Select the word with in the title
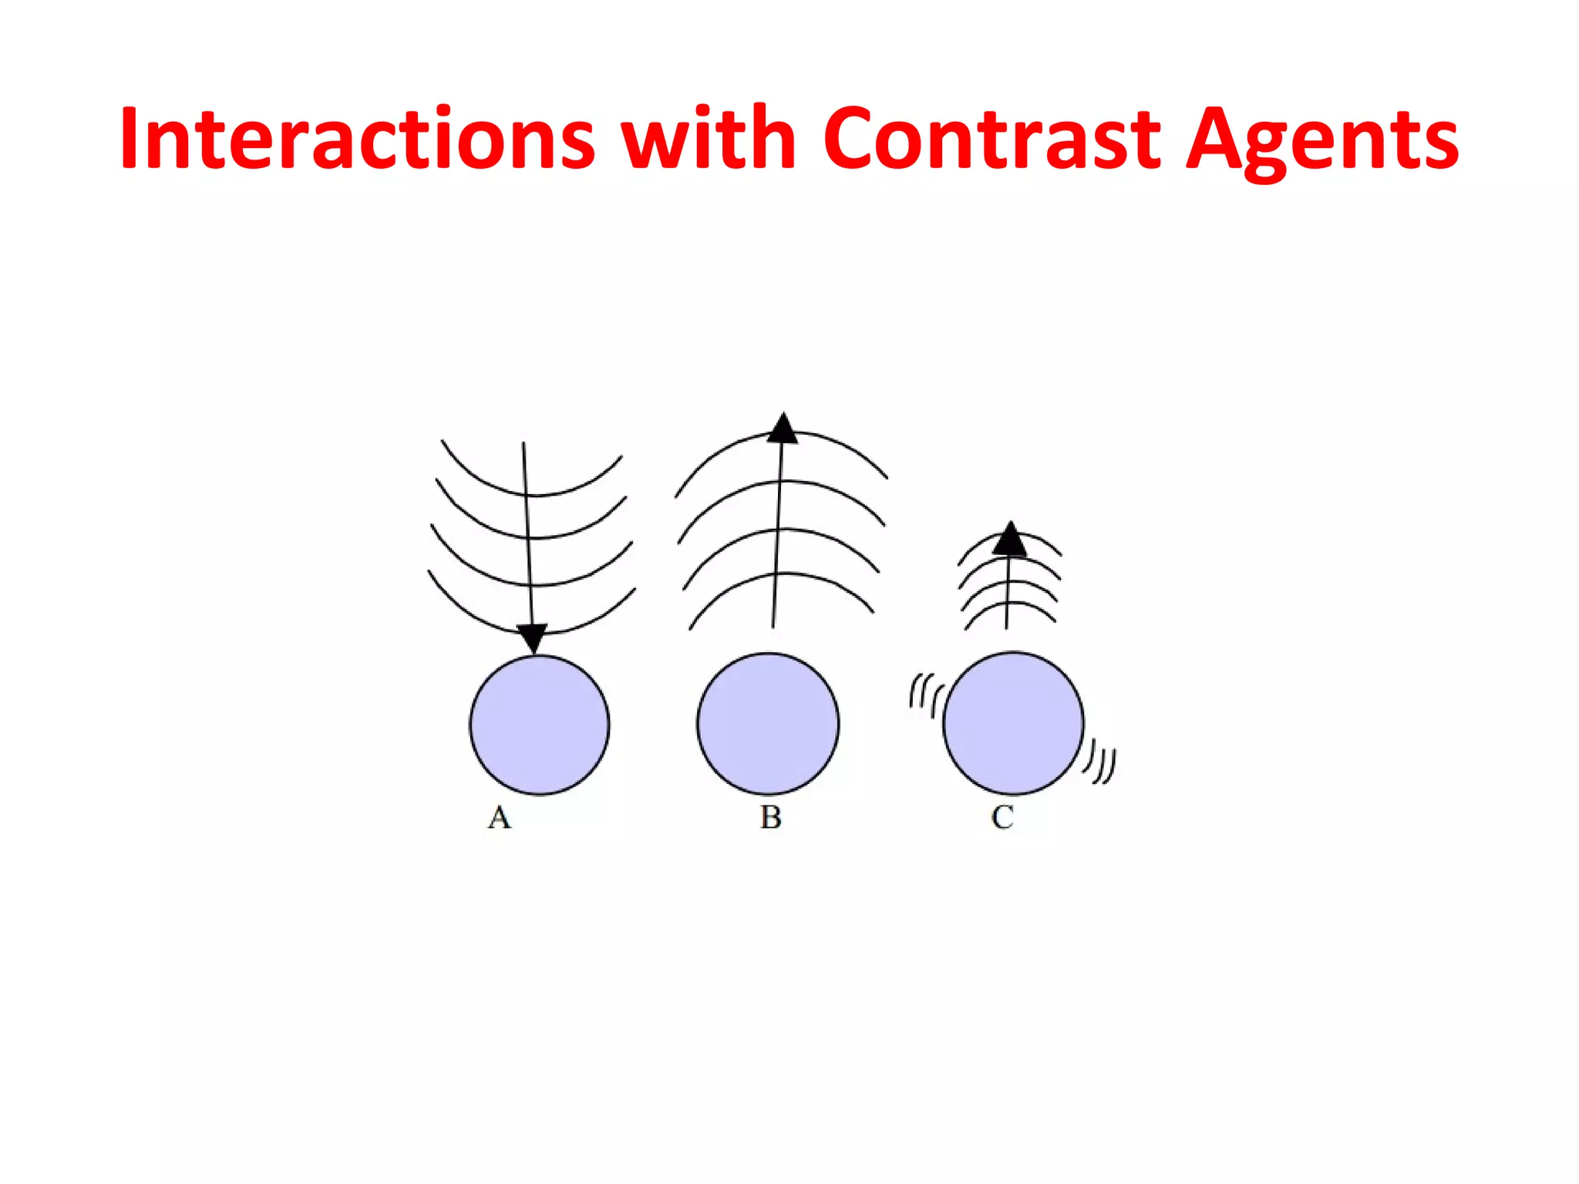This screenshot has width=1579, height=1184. [x=709, y=139]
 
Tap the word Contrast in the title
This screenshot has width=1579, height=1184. [x=991, y=139]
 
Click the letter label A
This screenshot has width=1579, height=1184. [x=500, y=817]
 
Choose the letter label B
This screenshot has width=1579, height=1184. [x=770, y=817]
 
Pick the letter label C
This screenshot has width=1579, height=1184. [x=1002, y=817]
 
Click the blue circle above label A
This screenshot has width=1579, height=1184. [x=540, y=725]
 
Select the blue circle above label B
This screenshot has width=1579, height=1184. [x=768, y=724]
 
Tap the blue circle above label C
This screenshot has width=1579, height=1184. [x=1013, y=723]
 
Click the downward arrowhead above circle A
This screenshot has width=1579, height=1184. [x=532, y=638]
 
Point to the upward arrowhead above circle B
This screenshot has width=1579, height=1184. [x=783, y=429]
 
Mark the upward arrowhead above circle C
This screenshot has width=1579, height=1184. [x=1010, y=539]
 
